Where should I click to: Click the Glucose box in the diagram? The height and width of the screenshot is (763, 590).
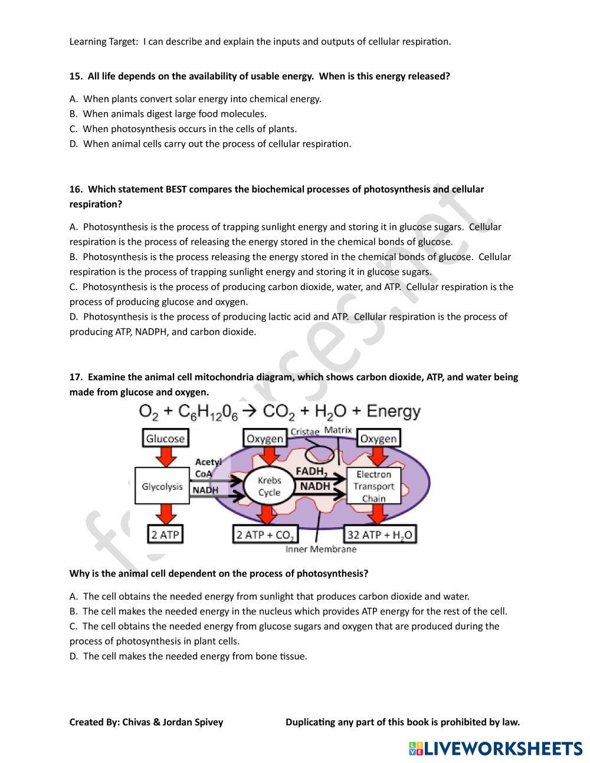pos(165,438)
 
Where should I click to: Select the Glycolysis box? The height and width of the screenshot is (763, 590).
pos(162,486)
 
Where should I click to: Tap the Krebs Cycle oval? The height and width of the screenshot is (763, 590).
pos(269,486)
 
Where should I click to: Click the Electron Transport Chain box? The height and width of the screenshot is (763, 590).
pos(373,486)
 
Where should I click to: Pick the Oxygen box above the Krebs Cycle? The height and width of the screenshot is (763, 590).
pos(265,438)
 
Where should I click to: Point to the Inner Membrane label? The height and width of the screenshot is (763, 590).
pos(320,550)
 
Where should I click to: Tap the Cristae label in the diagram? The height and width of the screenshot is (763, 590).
pos(304,432)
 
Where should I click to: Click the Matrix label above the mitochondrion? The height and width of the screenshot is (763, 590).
pos(338,430)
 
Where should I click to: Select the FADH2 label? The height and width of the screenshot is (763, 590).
pos(310,472)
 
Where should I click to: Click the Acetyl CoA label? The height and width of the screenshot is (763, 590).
pos(207,468)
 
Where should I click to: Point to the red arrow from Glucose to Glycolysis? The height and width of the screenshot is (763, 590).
pos(166,456)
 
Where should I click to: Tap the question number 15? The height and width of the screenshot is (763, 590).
pos(76,77)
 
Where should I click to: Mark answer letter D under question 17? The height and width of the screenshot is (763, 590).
pos(73,656)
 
